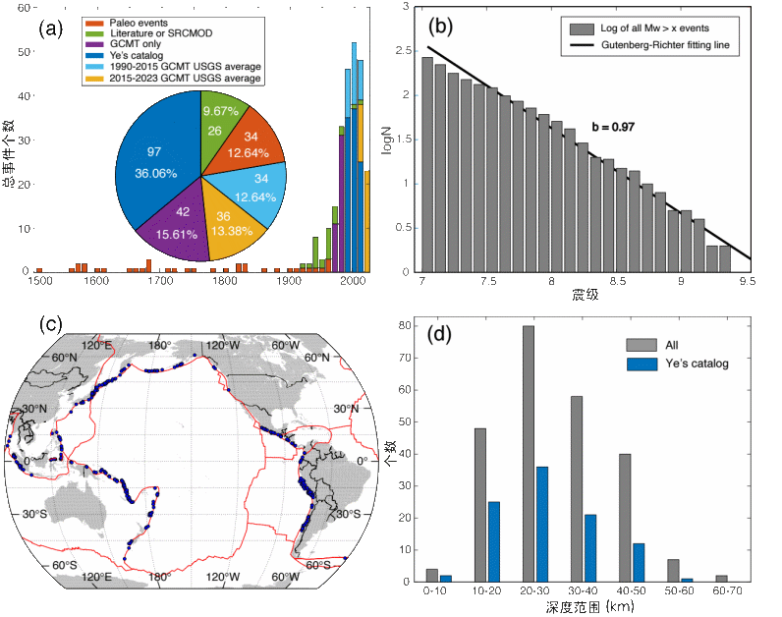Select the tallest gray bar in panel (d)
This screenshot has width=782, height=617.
529,453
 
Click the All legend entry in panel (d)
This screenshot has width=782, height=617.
670,344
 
